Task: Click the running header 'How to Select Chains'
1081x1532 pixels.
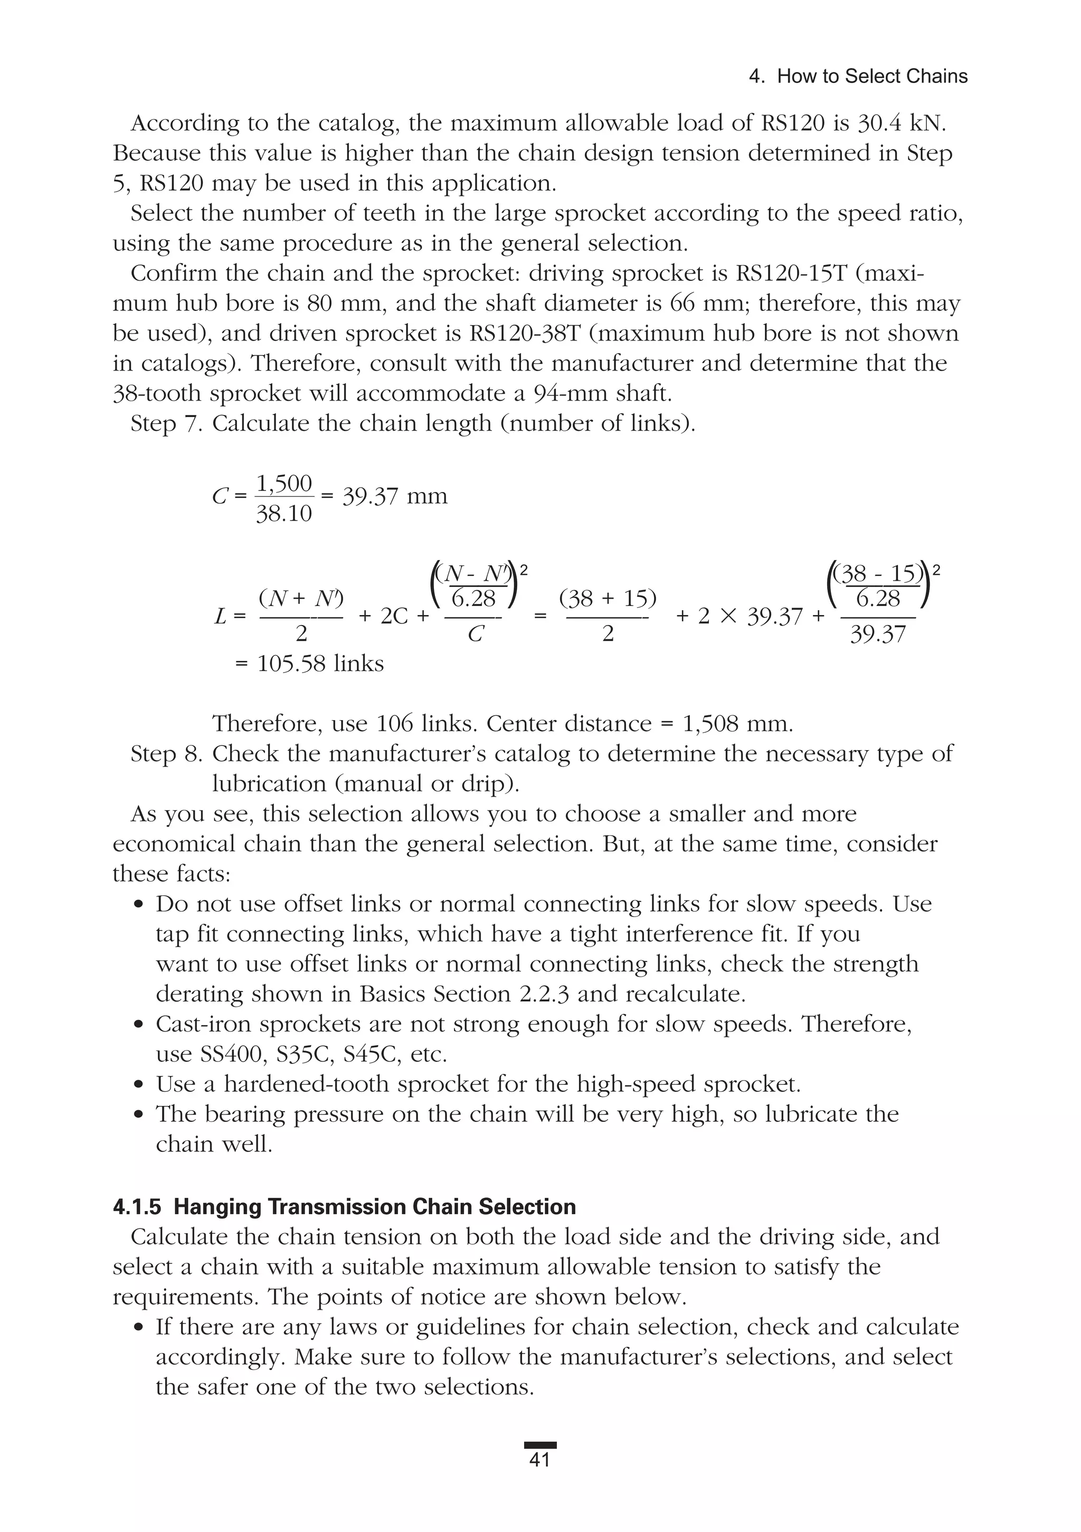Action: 872,77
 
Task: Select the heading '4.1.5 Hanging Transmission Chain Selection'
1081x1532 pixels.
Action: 344,1206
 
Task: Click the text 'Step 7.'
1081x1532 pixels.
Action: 167,423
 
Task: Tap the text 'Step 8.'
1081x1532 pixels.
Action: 167,753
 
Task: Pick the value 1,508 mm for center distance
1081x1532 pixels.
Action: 738,723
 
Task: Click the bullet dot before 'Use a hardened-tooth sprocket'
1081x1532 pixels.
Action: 139,1085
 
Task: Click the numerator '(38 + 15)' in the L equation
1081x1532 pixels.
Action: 607,599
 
